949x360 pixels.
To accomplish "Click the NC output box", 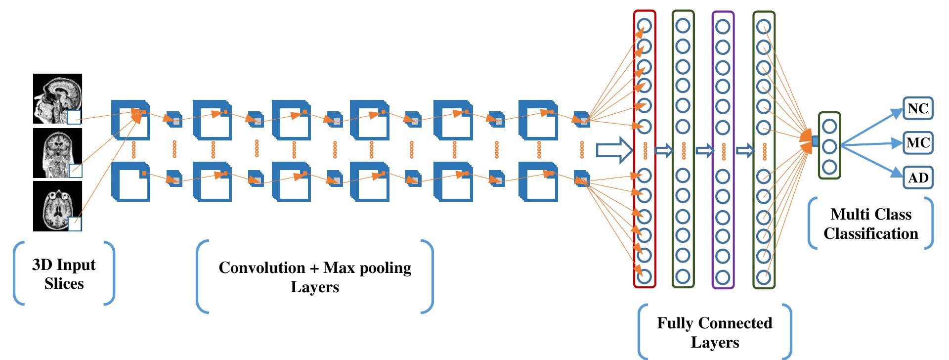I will click(x=918, y=108).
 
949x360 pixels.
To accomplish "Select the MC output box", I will click(x=918, y=143).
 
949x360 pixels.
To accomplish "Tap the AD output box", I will click(x=918, y=178).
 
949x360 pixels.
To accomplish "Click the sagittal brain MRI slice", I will click(x=57, y=98).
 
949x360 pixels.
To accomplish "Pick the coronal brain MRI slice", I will click(x=57, y=153).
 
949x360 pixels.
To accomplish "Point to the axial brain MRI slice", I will click(x=57, y=206).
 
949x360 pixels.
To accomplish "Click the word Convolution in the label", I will click(x=261, y=268).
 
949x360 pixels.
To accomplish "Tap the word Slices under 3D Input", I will click(x=64, y=284).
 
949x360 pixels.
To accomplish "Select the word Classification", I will click(x=870, y=233).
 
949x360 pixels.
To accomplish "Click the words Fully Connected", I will click(x=714, y=323).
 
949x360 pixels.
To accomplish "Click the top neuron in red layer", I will click(x=644, y=26).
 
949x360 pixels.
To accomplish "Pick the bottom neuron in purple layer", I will click(x=723, y=276).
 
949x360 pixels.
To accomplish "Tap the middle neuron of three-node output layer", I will click(x=829, y=146).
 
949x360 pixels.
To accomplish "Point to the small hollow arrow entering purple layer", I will click(x=704, y=151).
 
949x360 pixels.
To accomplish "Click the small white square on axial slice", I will click(x=74, y=224).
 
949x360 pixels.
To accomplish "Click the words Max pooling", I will click(x=367, y=268).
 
